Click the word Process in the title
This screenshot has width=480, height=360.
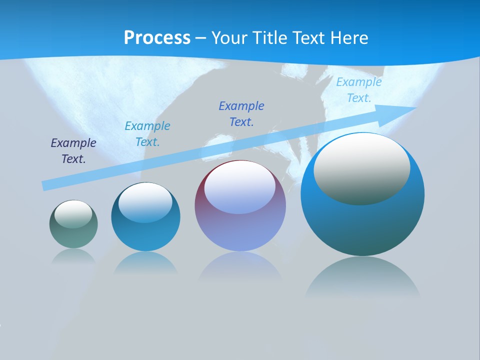[157, 38]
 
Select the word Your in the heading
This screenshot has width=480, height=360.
[227, 38]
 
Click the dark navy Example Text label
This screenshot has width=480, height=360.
[73, 151]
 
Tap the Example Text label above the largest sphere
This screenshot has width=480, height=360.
[359, 90]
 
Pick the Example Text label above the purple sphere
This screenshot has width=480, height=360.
[241, 113]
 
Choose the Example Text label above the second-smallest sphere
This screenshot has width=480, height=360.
[147, 134]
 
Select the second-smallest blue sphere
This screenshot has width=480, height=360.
[145, 235]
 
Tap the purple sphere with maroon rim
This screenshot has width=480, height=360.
[240, 230]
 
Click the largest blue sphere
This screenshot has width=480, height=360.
[362, 225]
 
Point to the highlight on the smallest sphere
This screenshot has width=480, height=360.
[73, 214]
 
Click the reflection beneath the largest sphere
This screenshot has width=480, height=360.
[362, 277]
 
